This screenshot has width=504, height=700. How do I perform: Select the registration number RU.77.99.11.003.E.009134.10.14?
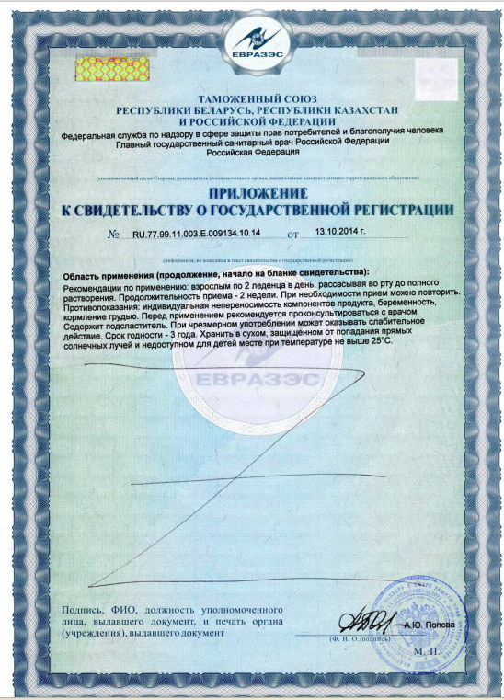[x=198, y=235]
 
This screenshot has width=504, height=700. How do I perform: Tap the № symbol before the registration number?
[x=114, y=235]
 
